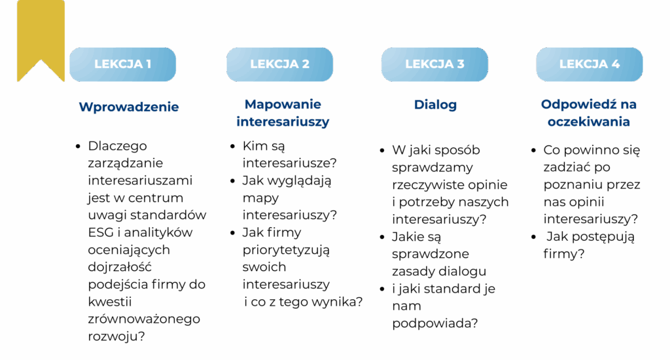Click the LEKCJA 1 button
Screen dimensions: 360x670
click(x=122, y=64)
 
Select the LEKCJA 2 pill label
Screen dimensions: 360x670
click(x=279, y=64)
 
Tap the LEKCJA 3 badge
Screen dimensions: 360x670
click(x=434, y=64)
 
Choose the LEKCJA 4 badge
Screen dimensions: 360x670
click(x=590, y=64)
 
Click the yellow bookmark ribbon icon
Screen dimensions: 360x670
click(x=41, y=39)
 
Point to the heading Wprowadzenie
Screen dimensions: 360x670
click(x=129, y=107)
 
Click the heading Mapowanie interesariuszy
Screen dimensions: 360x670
click(x=283, y=113)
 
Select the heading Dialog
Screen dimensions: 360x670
click(x=435, y=105)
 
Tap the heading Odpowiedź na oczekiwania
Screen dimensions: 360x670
click(x=589, y=113)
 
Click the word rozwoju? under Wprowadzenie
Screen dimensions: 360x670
click(x=116, y=336)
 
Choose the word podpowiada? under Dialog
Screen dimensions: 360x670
click(x=434, y=323)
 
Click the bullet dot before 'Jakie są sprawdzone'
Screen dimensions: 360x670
click(x=383, y=238)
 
